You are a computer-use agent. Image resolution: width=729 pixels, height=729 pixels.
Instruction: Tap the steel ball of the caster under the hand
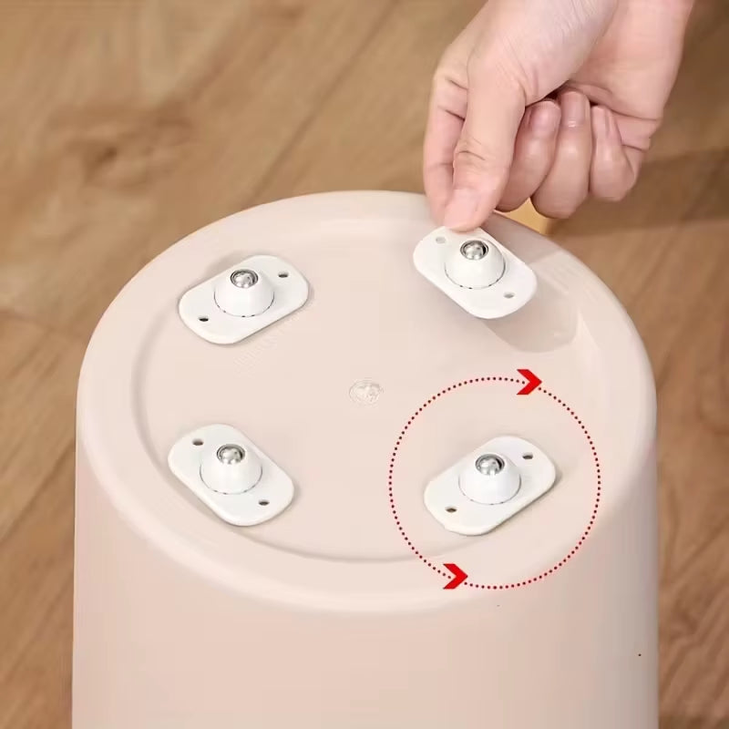(472, 251)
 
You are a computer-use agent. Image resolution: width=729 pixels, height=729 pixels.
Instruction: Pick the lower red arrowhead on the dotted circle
(454, 574)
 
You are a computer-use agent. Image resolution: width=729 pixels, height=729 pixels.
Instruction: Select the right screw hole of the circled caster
(526, 447)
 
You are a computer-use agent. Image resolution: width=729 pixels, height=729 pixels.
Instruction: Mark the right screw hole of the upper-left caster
(284, 272)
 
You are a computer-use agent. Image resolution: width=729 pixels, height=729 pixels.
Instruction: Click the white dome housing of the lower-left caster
(230, 469)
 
